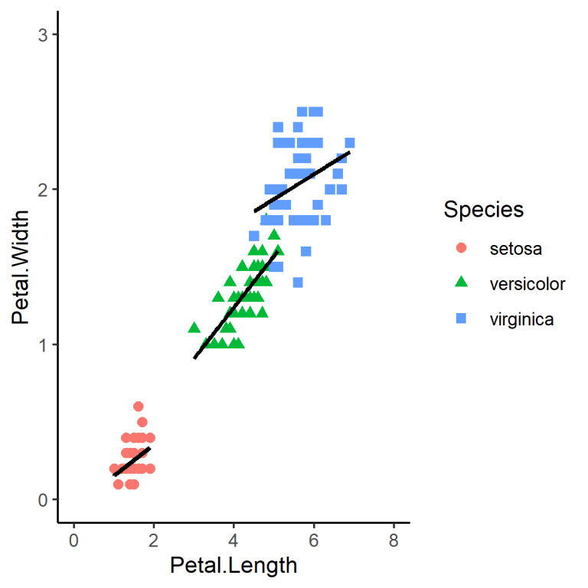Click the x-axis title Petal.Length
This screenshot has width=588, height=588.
coord(233,566)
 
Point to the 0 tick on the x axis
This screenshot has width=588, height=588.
coord(73,541)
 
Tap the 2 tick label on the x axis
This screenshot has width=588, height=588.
coord(153,541)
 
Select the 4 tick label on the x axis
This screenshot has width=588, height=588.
coord(234,541)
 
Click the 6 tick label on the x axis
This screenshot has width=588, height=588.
coord(314,541)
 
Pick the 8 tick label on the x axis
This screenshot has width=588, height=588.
coord(394,541)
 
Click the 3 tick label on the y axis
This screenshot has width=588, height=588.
coord(44,34)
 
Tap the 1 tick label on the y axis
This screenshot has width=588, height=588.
coord(44,345)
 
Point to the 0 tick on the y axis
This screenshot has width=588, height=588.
coord(44,499)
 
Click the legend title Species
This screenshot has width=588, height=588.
coord(484,209)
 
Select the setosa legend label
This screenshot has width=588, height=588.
coord(515,248)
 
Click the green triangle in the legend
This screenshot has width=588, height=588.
coord(461,283)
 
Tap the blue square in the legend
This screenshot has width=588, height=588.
coord(461,319)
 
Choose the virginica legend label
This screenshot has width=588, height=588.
coord(521,319)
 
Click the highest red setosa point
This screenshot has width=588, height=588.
coord(138,407)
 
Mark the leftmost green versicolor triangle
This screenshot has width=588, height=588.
coord(194,328)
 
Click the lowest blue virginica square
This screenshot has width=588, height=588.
coord(298,283)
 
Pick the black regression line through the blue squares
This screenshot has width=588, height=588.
coord(302,181)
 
